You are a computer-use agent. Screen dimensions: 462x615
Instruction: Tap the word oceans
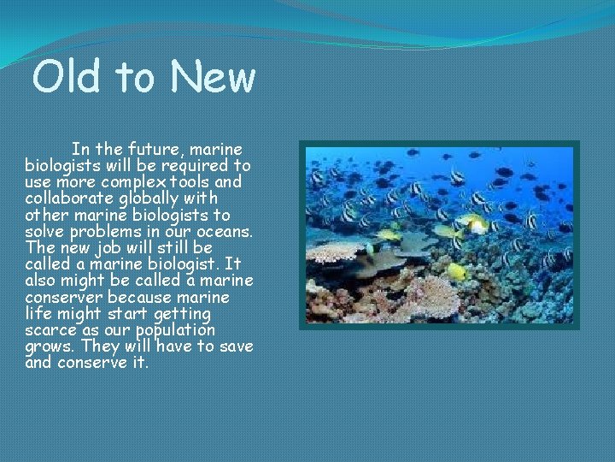(x=222, y=232)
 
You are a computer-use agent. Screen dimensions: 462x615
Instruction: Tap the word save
(x=237, y=346)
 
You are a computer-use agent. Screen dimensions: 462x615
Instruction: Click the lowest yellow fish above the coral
(x=457, y=272)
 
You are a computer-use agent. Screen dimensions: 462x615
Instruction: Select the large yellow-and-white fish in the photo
(x=472, y=224)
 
